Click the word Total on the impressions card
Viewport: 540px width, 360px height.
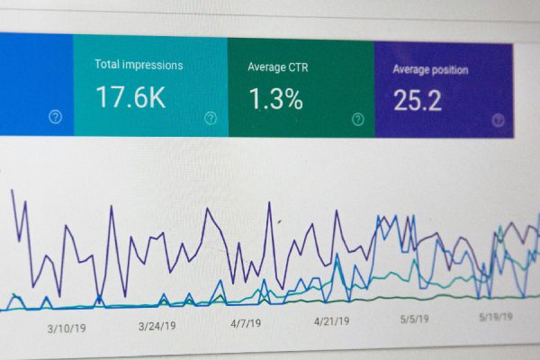click(x=108, y=65)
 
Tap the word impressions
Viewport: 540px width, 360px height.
click(x=153, y=65)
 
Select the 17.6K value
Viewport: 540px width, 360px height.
click(x=130, y=96)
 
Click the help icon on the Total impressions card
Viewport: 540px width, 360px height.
click(x=211, y=118)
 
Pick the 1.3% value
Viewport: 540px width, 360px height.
click(x=275, y=98)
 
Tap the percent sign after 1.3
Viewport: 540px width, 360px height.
click(x=291, y=98)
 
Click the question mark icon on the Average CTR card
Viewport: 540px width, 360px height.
click(x=357, y=119)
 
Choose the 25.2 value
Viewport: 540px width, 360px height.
click(x=418, y=100)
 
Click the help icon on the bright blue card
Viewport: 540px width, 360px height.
click(x=55, y=117)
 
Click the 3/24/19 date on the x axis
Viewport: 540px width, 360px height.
click(x=157, y=326)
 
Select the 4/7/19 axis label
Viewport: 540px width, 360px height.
click(x=246, y=322)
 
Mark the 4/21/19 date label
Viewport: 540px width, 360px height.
click(x=331, y=320)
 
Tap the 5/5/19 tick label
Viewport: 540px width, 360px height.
click(x=414, y=318)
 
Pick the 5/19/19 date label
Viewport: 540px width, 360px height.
click(x=495, y=316)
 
